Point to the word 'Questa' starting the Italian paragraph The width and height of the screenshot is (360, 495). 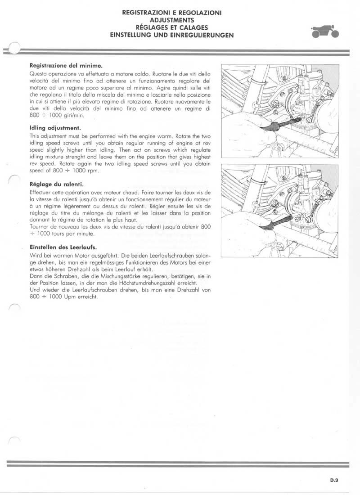[x=37, y=73]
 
